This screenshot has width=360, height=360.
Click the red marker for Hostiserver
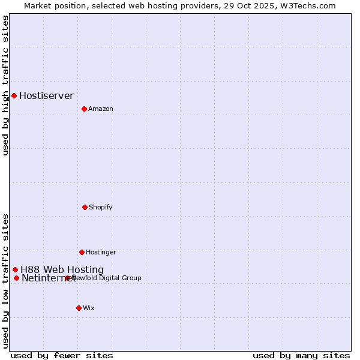tap(14, 95)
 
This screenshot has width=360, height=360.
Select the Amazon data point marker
tap(84, 109)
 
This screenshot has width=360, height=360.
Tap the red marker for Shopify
tap(85, 207)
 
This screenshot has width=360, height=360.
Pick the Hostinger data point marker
tap(82, 252)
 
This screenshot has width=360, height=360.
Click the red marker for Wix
tap(79, 308)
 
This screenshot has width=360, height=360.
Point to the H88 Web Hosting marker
tap(15, 269)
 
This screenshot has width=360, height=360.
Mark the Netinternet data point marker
tap(16, 278)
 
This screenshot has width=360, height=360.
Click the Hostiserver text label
tap(46, 95)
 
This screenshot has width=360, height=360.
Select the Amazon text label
tap(101, 109)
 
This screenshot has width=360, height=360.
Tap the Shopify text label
tap(101, 207)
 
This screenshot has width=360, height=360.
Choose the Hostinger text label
tap(101, 252)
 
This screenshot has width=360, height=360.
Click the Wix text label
tap(89, 308)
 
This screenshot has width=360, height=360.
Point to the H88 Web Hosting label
tap(62, 269)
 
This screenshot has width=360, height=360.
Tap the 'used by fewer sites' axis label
tap(62, 355)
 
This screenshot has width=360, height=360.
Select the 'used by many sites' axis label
tap(301, 355)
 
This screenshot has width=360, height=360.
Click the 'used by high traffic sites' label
tap(6, 85)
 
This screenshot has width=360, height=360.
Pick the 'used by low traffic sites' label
tap(6, 281)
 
